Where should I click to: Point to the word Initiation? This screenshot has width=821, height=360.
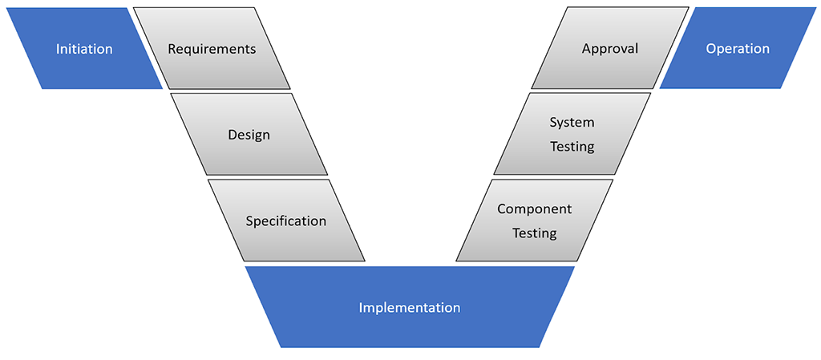pos(84,49)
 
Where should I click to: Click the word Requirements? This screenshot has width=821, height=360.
pos(212,49)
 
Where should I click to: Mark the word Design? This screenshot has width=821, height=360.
pos(249,135)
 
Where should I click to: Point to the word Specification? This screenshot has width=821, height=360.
pos(286,221)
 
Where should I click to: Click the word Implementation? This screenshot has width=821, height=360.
pos(410,308)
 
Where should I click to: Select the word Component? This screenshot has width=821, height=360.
pos(535,209)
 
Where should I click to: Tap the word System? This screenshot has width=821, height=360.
pos(572,123)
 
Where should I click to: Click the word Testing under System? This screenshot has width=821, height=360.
pos(572,147)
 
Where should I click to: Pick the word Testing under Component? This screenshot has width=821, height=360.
pos(535,233)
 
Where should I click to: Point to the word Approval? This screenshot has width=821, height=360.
pos(610,49)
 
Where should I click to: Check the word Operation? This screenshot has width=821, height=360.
pos(738,49)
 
